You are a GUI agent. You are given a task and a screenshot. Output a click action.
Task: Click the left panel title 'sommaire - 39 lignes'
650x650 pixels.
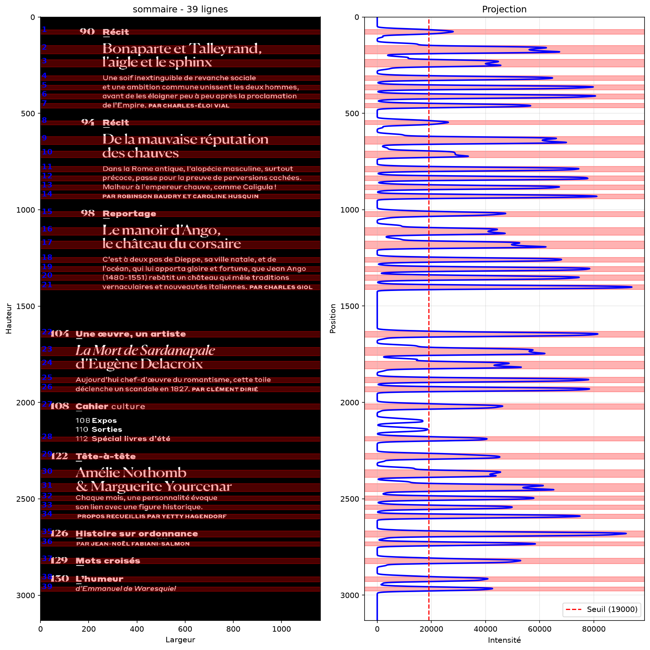[180, 9]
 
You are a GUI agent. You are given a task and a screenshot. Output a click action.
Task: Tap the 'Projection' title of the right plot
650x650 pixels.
[504, 9]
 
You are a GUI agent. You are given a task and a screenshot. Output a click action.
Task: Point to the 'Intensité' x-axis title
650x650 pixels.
[504, 640]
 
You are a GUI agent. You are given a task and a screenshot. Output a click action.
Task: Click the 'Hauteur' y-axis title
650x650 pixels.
[9, 319]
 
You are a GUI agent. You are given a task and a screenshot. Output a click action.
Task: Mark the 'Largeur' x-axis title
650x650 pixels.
[180, 640]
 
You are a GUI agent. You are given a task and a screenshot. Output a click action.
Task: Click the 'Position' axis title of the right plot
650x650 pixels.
[332, 319]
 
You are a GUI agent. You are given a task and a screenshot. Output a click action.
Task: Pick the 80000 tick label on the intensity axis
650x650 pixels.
[593, 629]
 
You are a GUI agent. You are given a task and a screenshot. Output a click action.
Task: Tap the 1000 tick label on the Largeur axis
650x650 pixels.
[281, 629]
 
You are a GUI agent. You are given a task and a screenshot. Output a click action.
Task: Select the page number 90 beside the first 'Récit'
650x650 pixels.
[87, 32]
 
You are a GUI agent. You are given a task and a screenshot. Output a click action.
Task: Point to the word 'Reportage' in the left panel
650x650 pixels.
[129, 214]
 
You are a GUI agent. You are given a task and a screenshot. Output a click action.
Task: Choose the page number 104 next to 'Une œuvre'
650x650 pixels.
[59, 334]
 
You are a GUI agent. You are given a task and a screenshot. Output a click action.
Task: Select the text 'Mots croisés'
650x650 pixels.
[108, 561]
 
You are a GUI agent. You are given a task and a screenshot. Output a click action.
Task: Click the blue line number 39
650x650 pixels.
[47, 586]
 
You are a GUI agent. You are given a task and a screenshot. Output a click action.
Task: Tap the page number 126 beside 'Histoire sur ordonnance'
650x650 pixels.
[59, 533]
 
